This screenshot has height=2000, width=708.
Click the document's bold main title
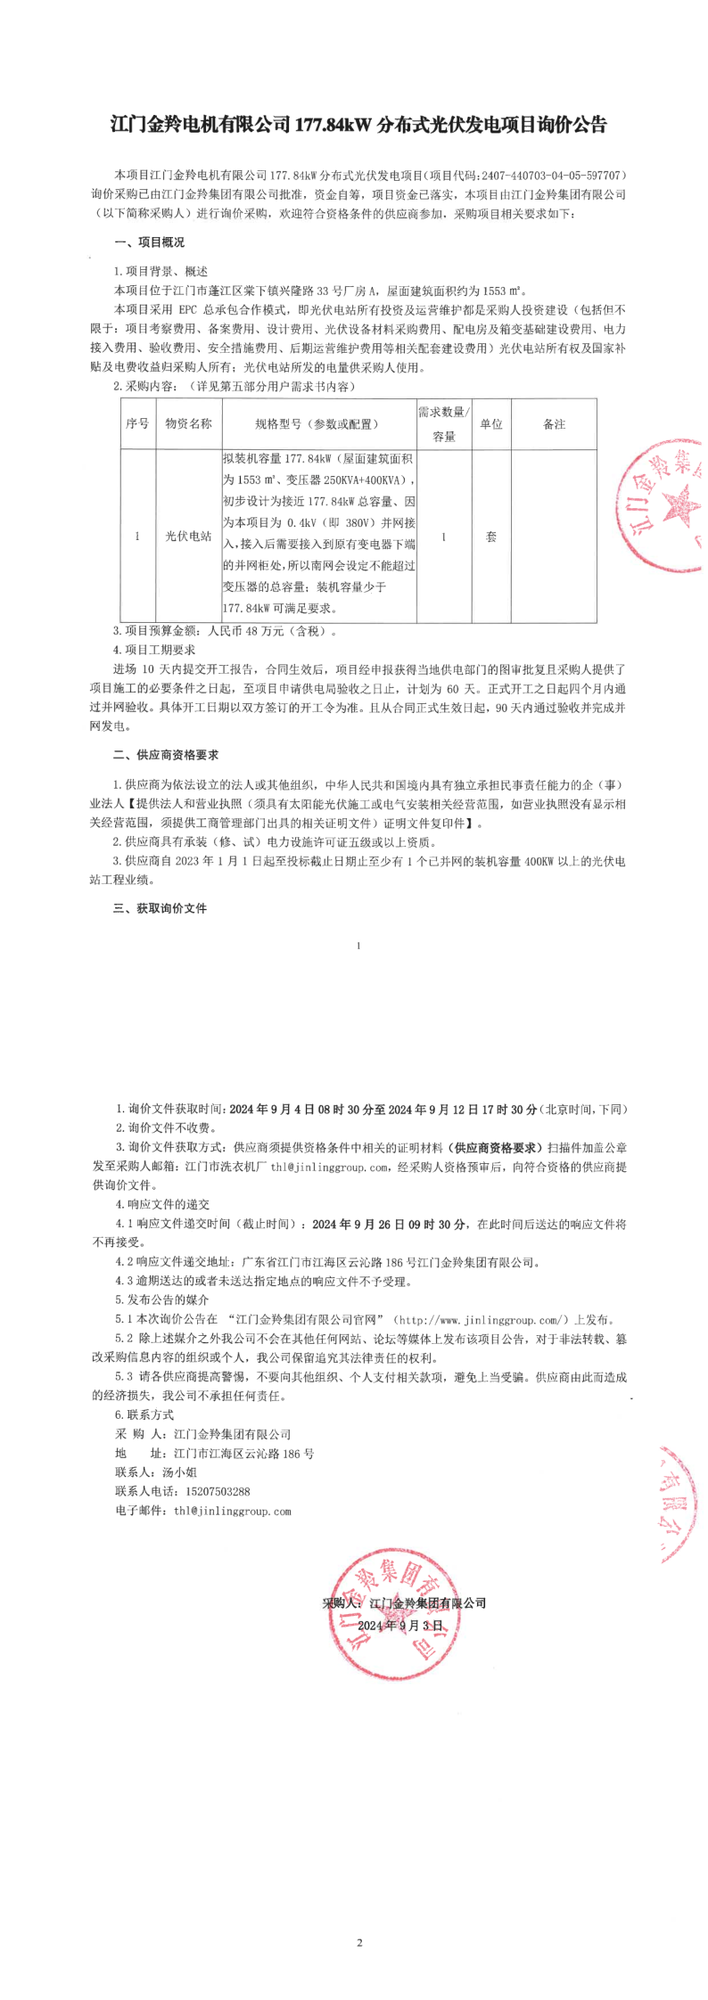click(x=358, y=124)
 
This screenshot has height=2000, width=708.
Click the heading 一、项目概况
click(x=149, y=242)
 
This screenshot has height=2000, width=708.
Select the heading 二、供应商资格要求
click(x=166, y=755)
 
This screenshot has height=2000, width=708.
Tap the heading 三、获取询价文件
click(x=160, y=908)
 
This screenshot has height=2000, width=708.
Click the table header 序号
click(x=137, y=424)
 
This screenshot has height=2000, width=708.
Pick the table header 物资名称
click(x=188, y=424)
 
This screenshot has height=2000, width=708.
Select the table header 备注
click(x=554, y=424)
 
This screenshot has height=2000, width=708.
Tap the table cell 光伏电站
click(x=188, y=537)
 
